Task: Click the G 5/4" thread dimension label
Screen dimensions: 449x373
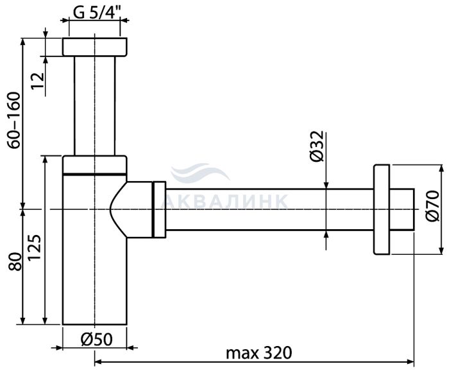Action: tap(97, 12)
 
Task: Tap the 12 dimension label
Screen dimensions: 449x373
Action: tap(38, 80)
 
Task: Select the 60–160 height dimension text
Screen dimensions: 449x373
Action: tap(14, 120)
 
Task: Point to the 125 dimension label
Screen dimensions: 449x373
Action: tap(35, 247)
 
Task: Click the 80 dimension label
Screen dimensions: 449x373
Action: tap(15, 261)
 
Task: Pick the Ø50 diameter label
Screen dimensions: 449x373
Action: tap(96, 340)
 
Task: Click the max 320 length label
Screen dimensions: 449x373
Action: tap(259, 353)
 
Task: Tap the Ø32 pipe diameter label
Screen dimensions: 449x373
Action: tap(317, 146)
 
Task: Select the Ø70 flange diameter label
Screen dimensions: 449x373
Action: tap(432, 206)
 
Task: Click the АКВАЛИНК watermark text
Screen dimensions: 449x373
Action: tap(224, 201)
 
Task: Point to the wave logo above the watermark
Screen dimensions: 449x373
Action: tap(199, 172)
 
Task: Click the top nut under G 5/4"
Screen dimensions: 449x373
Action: tap(94, 47)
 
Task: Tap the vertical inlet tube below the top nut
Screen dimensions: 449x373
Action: tap(94, 105)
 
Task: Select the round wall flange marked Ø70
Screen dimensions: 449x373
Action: tap(382, 209)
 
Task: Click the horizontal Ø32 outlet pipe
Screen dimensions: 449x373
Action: tap(269, 209)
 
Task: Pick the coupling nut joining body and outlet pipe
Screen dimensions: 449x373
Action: tap(159, 209)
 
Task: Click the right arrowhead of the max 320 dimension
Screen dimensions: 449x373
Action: tap(411, 361)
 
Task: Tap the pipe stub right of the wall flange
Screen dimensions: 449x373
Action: tap(402, 209)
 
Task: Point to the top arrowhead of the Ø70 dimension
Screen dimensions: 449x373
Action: tap(441, 168)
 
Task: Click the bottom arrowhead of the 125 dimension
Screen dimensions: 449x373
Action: tap(44, 320)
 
